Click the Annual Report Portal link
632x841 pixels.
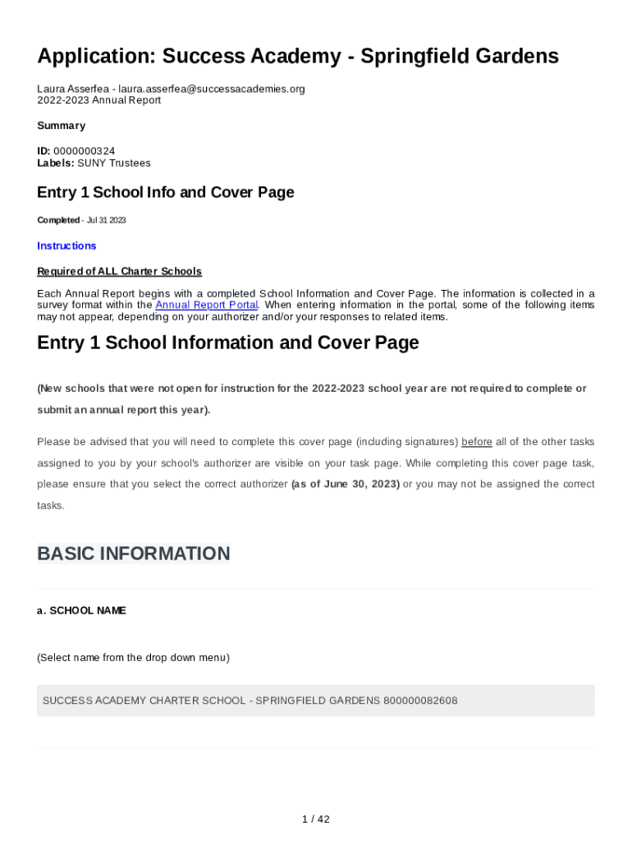click(x=207, y=305)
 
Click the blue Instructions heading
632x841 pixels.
click(x=66, y=246)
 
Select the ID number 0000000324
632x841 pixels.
click(x=84, y=151)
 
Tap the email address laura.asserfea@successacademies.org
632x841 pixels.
click(x=212, y=89)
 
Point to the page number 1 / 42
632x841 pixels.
click(x=316, y=819)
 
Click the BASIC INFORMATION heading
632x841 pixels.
click(x=133, y=554)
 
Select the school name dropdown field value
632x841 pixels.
click(x=250, y=701)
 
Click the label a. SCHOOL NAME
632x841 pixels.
click(x=81, y=610)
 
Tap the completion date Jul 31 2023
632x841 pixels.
click(x=106, y=220)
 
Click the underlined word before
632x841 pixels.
click(x=477, y=442)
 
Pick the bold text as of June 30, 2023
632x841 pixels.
click(x=346, y=484)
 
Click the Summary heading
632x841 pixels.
click(x=61, y=126)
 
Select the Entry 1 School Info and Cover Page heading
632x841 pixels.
click(x=165, y=192)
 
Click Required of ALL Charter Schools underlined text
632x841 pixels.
click(x=119, y=271)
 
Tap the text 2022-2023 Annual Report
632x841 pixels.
click(x=98, y=100)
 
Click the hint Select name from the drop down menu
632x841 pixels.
click(x=133, y=657)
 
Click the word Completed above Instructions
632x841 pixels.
click(x=57, y=220)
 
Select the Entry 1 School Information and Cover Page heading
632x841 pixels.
click(x=227, y=342)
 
